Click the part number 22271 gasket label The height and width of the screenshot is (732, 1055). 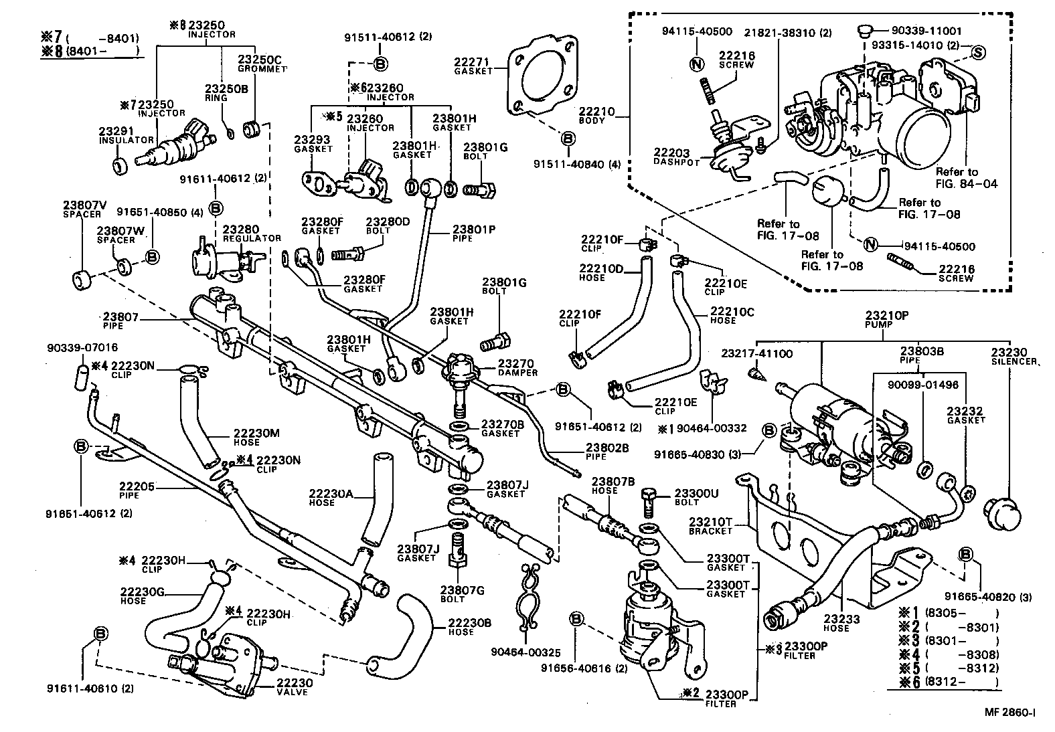[x=473, y=65]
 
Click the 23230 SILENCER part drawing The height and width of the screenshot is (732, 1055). [x=1002, y=515]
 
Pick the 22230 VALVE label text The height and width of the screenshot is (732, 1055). [x=292, y=687]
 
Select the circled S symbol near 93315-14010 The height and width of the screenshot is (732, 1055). [x=977, y=52]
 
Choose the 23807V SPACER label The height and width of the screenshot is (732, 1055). [x=82, y=209]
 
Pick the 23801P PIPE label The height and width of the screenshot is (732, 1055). [x=472, y=233]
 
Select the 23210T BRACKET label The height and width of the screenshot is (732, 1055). [x=710, y=526]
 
